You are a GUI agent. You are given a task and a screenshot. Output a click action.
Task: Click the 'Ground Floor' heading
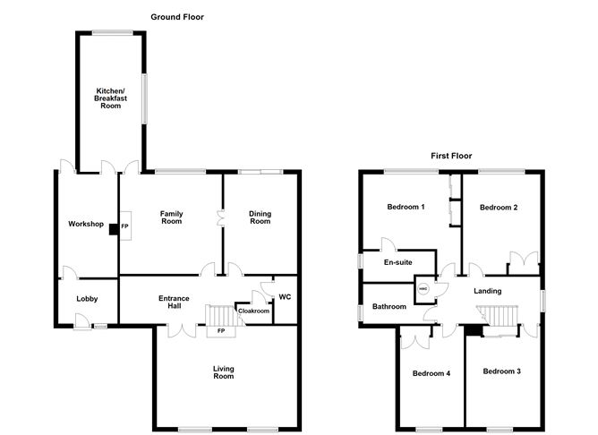[177, 17]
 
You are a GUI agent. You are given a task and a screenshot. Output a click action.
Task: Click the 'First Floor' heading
[451, 156]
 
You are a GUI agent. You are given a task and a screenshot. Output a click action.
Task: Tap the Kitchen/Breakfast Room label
[111, 98]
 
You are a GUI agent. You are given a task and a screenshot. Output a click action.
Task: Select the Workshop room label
[86, 224]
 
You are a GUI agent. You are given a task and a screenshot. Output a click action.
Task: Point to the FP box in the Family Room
[126, 226]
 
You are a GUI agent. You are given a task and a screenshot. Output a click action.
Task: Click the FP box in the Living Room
[221, 331]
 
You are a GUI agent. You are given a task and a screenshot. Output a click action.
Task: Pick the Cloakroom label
[253, 311]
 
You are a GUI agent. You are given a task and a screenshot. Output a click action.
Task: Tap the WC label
[285, 296]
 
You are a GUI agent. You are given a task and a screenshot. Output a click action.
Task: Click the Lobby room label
[87, 299]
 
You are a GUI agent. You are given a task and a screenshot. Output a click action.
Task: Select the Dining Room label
[261, 217]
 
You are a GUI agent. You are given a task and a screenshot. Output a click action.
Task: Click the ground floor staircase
[221, 315]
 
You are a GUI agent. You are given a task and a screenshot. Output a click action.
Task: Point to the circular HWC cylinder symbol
[423, 289]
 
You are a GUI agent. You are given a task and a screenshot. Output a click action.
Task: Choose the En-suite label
[397, 262]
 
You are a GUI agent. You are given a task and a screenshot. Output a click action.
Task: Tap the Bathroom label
[389, 306]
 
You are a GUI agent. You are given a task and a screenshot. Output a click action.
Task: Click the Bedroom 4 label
[431, 373]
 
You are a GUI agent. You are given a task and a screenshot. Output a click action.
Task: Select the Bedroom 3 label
[501, 371]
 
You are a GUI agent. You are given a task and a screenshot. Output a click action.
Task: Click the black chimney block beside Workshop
[114, 229]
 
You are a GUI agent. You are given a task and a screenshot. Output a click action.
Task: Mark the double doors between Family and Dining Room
[220, 218]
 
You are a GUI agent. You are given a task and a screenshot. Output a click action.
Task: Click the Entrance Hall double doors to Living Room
[182, 330]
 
